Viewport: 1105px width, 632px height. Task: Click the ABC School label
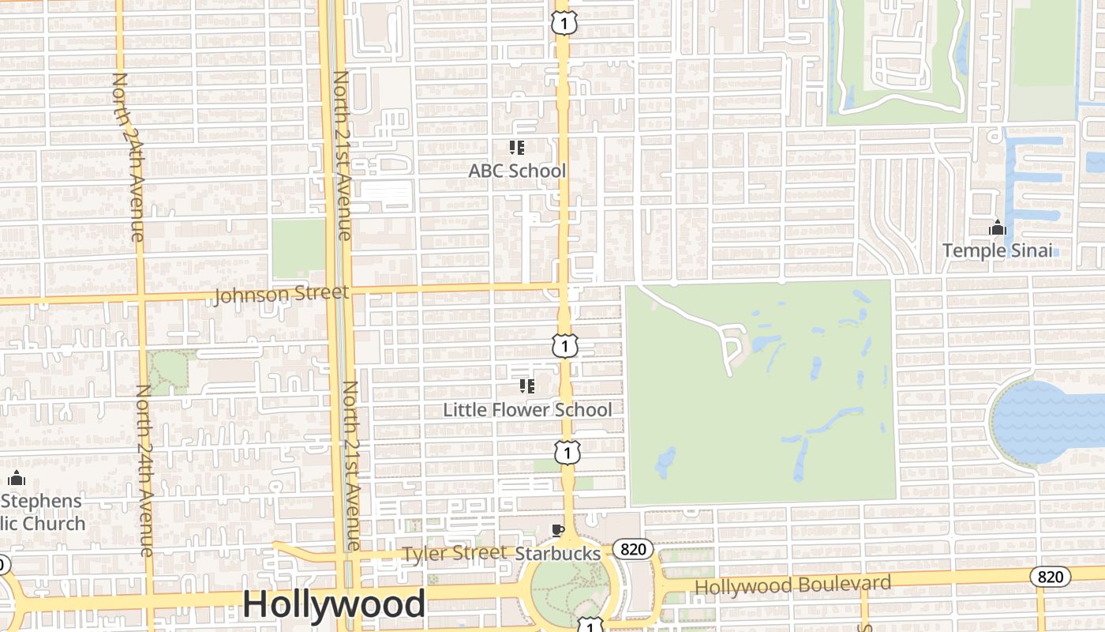click(517, 171)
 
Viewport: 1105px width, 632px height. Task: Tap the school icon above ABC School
click(517, 148)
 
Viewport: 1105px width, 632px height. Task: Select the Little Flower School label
click(527, 410)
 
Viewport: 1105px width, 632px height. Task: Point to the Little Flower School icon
click(526, 386)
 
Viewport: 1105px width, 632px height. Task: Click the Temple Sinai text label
click(998, 250)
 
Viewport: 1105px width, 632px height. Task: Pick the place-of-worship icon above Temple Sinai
click(998, 228)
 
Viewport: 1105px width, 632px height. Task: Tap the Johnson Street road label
click(281, 295)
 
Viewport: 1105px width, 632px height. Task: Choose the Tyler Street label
click(455, 553)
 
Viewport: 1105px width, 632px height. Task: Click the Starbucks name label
click(558, 554)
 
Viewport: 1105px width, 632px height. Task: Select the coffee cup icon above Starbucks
click(558, 531)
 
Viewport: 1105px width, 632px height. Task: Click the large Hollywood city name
click(334, 604)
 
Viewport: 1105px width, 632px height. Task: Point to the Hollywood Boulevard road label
click(792, 585)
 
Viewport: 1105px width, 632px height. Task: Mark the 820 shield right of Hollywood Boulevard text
click(1050, 577)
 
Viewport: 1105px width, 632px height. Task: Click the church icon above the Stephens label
click(17, 479)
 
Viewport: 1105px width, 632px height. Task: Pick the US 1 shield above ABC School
click(564, 23)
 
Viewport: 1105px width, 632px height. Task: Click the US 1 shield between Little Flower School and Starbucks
click(567, 453)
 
